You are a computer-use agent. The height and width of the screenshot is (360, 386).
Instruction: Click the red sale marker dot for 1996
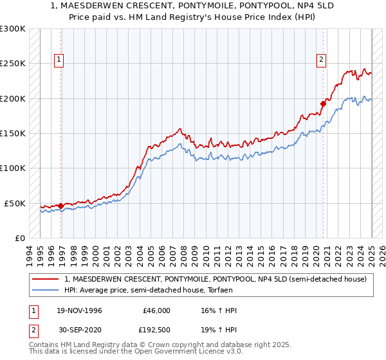point(61,206)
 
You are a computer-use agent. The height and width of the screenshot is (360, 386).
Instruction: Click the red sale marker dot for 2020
point(324,104)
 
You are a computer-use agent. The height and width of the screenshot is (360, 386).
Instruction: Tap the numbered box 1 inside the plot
point(59,60)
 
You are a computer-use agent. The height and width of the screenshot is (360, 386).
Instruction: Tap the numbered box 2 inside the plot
point(321,60)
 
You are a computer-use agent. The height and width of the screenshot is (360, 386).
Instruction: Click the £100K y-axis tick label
point(12,168)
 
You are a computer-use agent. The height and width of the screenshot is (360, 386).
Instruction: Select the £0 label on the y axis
point(19,238)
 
